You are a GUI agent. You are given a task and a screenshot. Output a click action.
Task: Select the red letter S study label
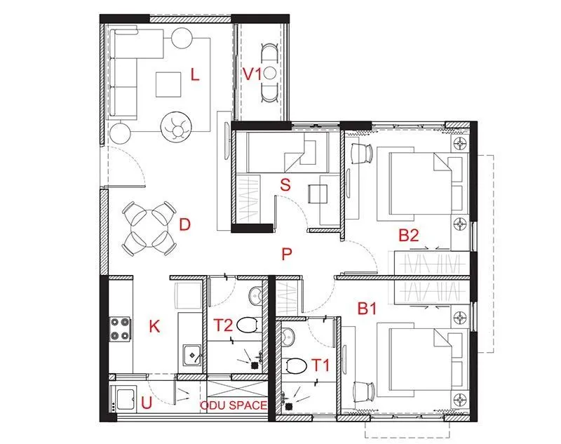[285, 185]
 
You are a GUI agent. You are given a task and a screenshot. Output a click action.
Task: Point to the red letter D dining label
[185, 224]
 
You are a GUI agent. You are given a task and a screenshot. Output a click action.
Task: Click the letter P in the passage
[286, 255]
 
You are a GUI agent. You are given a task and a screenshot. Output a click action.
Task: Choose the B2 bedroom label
[409, 236]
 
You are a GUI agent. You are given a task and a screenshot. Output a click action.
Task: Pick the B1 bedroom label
[367, 307]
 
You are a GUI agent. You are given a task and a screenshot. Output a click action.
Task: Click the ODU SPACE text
[234, 405]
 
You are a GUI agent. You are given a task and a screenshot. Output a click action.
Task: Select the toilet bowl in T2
[246, 325]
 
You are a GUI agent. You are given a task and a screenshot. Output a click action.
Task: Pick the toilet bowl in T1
[297, 365]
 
